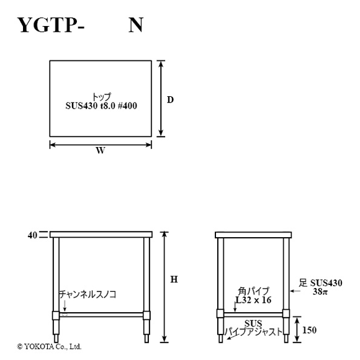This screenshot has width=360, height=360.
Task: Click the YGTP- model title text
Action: tap(51, 25)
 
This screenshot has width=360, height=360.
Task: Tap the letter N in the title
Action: tap(136, 25)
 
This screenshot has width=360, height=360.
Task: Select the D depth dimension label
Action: tap(170, 100)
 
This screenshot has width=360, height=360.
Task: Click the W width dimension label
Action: tap(101, 151)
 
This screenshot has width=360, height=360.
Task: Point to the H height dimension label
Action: tap(174, 279)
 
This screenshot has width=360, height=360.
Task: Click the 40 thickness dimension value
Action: tap(32, 235)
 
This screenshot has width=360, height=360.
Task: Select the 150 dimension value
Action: tap(309, 330)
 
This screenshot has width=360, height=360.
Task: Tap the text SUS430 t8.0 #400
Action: tap(101, 106)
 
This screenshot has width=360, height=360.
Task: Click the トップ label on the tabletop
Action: tap(101, 97)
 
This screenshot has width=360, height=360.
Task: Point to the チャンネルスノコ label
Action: tap(88, 294)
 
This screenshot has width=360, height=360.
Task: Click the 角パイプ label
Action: tap(253, 291)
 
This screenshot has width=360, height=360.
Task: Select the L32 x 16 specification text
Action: tap(254, 300)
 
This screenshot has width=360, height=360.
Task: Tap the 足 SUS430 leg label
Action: tap(320, 283)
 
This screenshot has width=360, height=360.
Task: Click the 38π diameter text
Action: tap(320, 292)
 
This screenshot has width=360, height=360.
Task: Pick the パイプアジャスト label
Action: tap(253, 332)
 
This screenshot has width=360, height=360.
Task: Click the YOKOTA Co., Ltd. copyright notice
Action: tap(49, 346)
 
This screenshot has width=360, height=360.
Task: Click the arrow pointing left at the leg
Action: tap(295, 291)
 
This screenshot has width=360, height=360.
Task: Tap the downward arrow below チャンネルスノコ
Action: tap(65, 306)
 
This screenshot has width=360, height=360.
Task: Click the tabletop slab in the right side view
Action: tap(253, 235)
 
